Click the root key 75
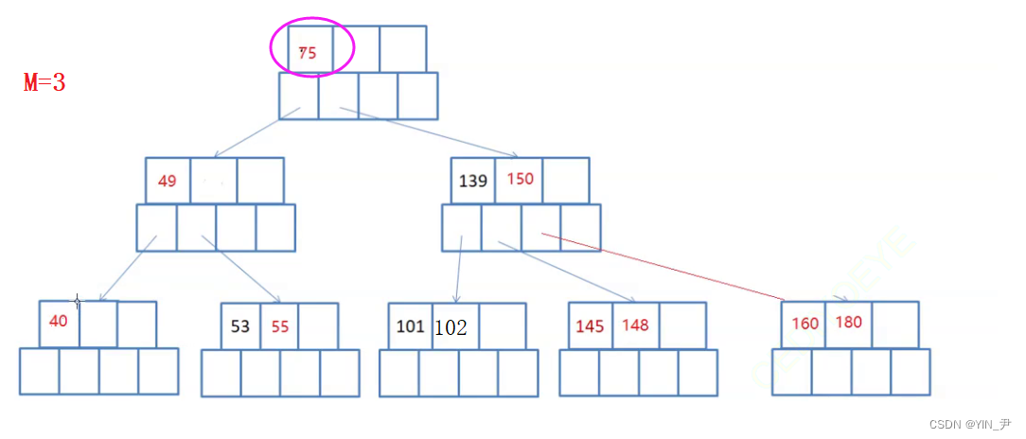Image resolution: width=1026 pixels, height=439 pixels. coord(308,54)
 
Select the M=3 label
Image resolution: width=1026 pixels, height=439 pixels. coord(44,82)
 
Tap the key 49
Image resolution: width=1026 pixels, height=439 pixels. coord(168,181)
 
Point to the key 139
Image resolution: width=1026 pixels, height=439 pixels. coord(472,180)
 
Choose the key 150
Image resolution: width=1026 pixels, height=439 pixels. coord(520,180)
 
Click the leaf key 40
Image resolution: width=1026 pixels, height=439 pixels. coord(59,321)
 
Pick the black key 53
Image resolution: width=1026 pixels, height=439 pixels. coord(240,326)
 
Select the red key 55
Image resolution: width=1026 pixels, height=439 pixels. coord(280,326)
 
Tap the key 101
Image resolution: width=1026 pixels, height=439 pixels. coord(410,326)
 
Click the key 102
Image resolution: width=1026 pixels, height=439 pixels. coord(451,327)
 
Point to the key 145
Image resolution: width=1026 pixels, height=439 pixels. coord(590,326)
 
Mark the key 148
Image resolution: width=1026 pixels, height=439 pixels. coord(635,325)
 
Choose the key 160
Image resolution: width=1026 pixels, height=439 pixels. coord(805,324)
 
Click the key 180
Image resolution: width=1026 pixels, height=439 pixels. coord(849,323)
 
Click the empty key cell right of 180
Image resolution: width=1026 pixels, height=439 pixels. coord(894,325)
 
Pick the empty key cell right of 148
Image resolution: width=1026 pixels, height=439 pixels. coord(682,325)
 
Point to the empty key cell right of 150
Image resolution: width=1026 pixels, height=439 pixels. coord(566,180)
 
